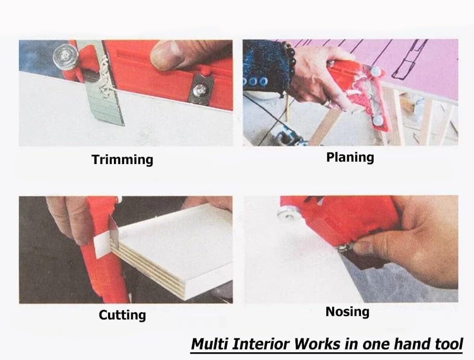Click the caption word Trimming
tap(123, 160)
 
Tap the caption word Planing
tap(350, 157)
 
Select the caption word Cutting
tap(123, 315)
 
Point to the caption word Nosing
tap(348, 312)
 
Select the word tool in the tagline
tap(449, 344)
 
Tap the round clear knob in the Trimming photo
tap(65, 55)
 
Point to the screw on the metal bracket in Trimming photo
tap(199, 89)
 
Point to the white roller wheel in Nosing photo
tap(287, 214)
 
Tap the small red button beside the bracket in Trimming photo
tap(205, 71)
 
